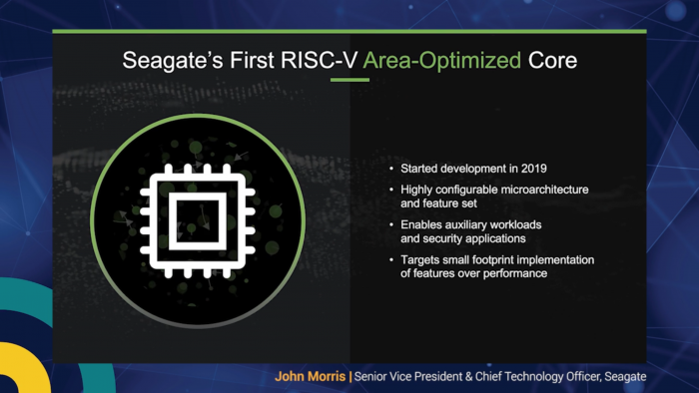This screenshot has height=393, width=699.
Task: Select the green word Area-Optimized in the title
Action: pos(441,62)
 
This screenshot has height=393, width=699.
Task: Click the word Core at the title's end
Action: pos(552,62)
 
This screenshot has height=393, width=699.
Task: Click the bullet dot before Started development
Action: pos(391,169)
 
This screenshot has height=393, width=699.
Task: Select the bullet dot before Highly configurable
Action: pos(391,190)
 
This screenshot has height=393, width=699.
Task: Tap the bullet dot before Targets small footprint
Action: pos(391,260)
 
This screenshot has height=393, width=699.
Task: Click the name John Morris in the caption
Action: pos(310,377)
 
